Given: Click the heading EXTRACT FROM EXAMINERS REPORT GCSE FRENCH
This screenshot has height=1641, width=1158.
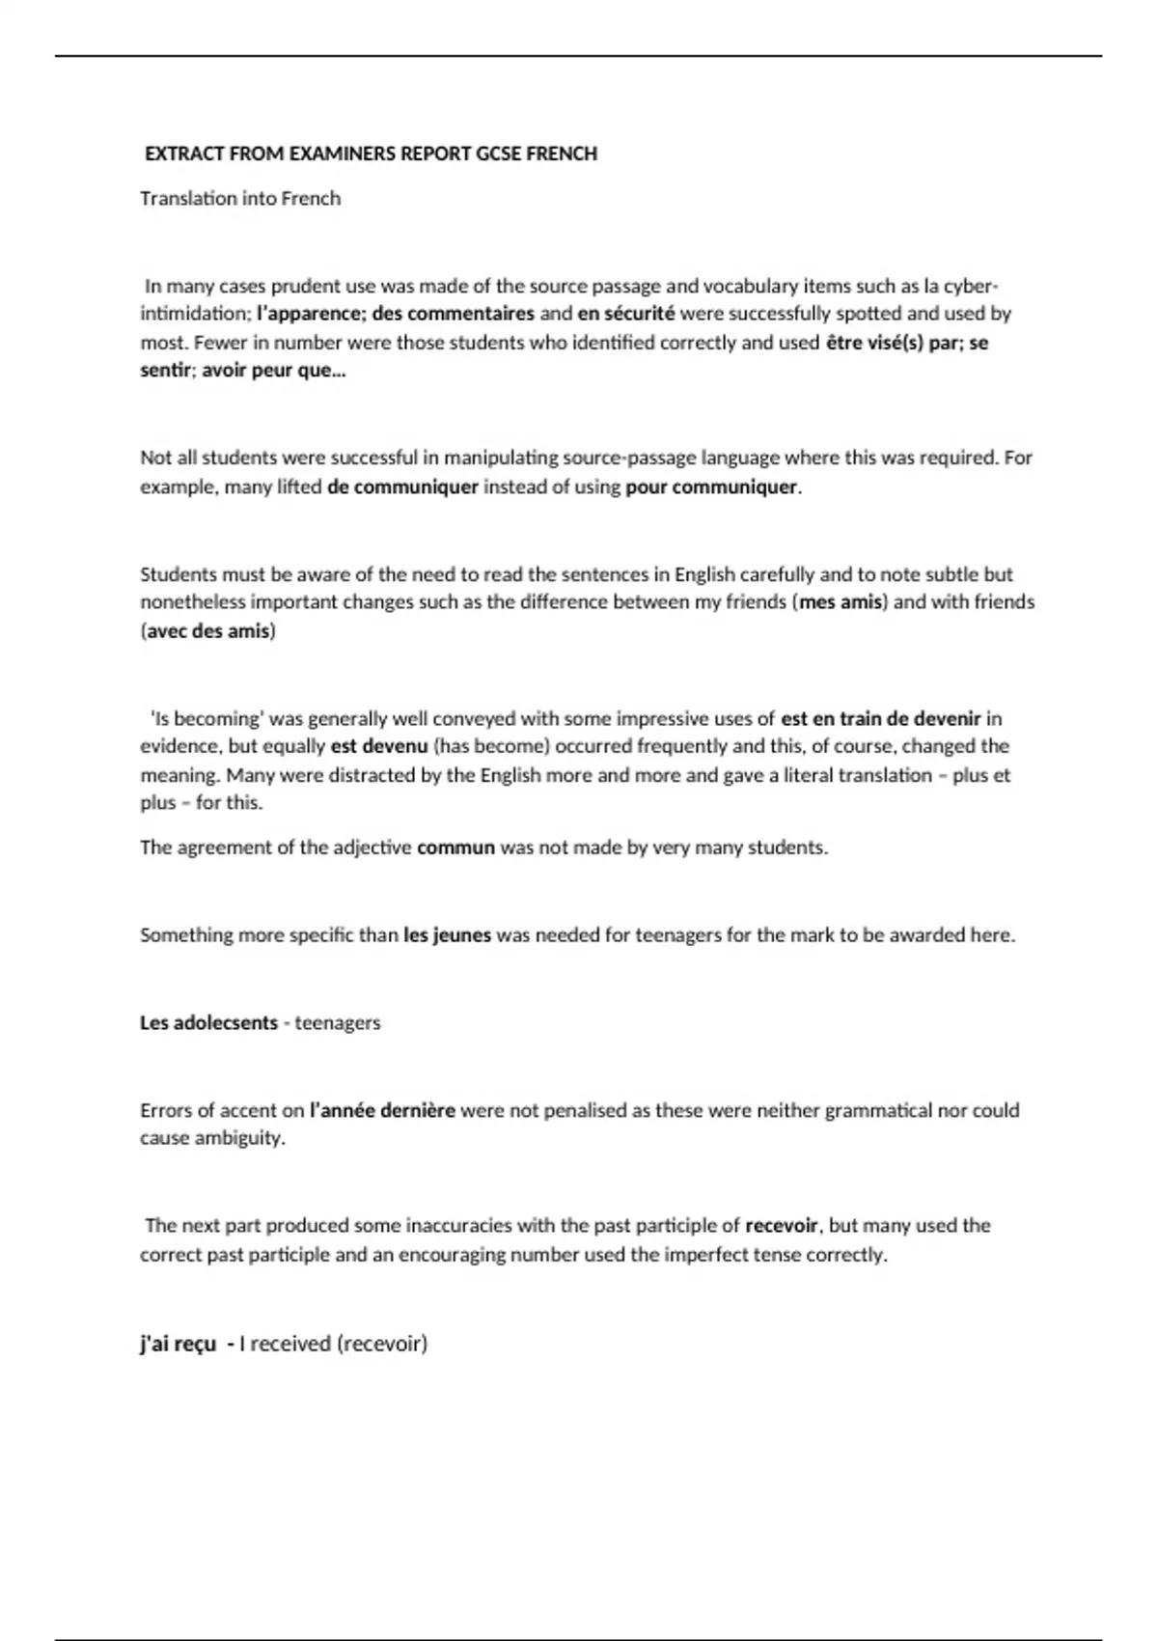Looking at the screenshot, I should (x=371, y=153).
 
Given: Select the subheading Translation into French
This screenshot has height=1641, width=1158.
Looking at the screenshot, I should (x=240, y=199).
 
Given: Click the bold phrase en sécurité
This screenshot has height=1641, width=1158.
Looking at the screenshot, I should (x=626, y=314).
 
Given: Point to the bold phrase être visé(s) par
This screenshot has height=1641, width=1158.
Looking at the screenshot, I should (x=890, y=343).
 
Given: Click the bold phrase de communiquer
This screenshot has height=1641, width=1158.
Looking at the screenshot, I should (x=402, y=487).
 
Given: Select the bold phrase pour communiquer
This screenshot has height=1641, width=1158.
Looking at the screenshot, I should (x=711, y=487).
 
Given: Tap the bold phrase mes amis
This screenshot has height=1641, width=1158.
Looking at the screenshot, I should (x=841, y=602).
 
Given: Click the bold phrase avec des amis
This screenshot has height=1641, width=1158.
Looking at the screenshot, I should (x=208, y=631).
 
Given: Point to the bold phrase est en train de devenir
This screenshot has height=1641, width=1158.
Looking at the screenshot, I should (x=880, y=718).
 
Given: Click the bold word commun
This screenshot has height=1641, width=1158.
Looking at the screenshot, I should (x=455, y=848).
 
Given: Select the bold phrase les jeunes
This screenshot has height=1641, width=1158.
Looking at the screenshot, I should (x=447, y=934).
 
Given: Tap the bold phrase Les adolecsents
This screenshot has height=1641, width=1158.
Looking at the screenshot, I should (x=208, y=1022).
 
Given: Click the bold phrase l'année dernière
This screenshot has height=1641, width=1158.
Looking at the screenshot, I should (x=382, y=1110).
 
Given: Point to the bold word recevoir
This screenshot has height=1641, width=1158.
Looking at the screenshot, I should (x=782, y=1226).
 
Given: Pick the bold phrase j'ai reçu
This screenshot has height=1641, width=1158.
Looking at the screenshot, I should (x=179, y=1343).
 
